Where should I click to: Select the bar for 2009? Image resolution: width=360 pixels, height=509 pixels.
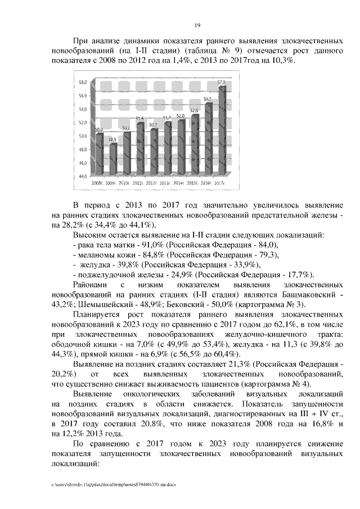[x=113, y=160]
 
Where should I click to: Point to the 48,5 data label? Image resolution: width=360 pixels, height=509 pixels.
[x=112, y=139]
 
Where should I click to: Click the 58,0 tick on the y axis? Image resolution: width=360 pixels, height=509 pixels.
[x=82, y=82]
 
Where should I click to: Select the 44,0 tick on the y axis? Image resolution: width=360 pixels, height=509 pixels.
[x=82, y=177]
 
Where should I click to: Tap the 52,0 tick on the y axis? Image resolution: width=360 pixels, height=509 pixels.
[x=82, y=123]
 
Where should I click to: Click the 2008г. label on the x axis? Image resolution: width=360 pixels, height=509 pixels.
[x=97, y=183]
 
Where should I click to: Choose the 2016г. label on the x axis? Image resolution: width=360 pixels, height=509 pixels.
[x=207, y=183]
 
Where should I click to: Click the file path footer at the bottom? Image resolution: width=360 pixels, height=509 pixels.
[x=113, y=484]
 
